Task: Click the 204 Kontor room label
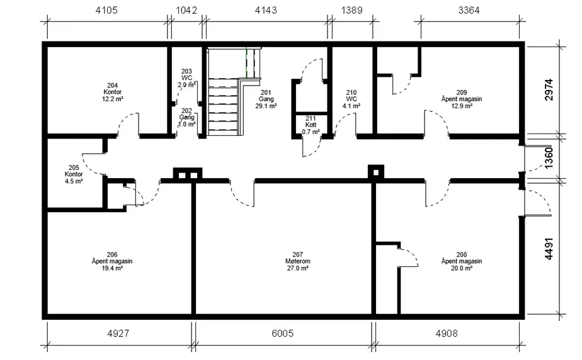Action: click(113, 93)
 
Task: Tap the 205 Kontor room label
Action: click(74, 174)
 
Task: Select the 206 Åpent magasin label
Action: click(112, 261)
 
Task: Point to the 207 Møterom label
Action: click(298, 261)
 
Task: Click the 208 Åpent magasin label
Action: click(461, 261)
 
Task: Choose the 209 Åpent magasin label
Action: click(461, 99)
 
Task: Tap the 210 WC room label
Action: click(351, 99)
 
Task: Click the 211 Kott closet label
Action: click(311, 125)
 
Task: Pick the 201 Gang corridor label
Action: click(266, 99)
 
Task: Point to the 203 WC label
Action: click(186, 78)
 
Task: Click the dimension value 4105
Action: click(106, 10)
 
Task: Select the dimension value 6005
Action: click(282, 334)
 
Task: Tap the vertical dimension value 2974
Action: click(549, 89)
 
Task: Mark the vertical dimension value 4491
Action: click(549, 249)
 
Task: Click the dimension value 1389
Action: click(351, 10)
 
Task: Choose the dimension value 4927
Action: click(118, 334)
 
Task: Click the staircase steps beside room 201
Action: click(223, 107)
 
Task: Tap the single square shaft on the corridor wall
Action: click(375, 172)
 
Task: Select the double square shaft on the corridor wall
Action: click(188, 174)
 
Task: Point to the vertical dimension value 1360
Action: click(549, 157)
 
